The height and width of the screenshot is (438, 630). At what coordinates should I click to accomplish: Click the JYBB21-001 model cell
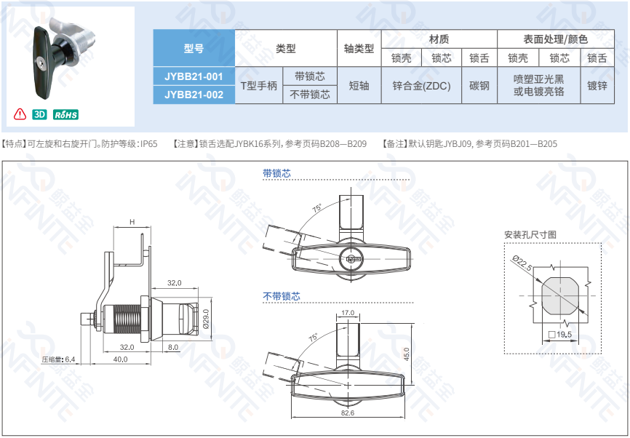[194, 76]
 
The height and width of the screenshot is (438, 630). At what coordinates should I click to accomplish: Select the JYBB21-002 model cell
[194, 95]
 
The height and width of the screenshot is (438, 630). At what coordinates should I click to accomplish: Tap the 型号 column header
[194, 48]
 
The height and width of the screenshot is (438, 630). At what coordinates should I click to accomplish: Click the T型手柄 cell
[259, 86]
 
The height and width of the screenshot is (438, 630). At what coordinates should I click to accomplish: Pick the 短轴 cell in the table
[359, 86]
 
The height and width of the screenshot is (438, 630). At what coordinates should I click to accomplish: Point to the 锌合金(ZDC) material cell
[421, 86]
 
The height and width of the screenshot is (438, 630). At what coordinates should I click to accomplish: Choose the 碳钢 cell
[479, 86]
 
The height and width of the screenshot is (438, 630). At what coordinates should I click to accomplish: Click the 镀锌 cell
[597, 86]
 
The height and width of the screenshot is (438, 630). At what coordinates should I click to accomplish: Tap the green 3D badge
[39, 114]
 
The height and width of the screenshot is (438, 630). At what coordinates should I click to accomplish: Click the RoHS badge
[65, 114]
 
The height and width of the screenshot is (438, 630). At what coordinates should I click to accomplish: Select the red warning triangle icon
[20, 114]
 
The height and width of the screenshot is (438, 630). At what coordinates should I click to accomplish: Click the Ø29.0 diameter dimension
[206, 319]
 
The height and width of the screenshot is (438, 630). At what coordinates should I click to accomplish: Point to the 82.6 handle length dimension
[348, 413]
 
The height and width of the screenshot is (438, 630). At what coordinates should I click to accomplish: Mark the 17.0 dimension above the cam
[348, 313]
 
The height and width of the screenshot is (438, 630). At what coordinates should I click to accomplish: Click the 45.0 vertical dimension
[406, 354]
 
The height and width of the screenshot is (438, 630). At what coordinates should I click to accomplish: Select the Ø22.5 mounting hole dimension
[522, 263]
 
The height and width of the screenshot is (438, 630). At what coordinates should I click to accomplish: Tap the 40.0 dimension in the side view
[121, 359]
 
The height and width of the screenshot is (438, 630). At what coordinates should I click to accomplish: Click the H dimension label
[132, 222]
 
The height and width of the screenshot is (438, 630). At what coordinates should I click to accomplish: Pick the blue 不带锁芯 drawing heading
[282, 296]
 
